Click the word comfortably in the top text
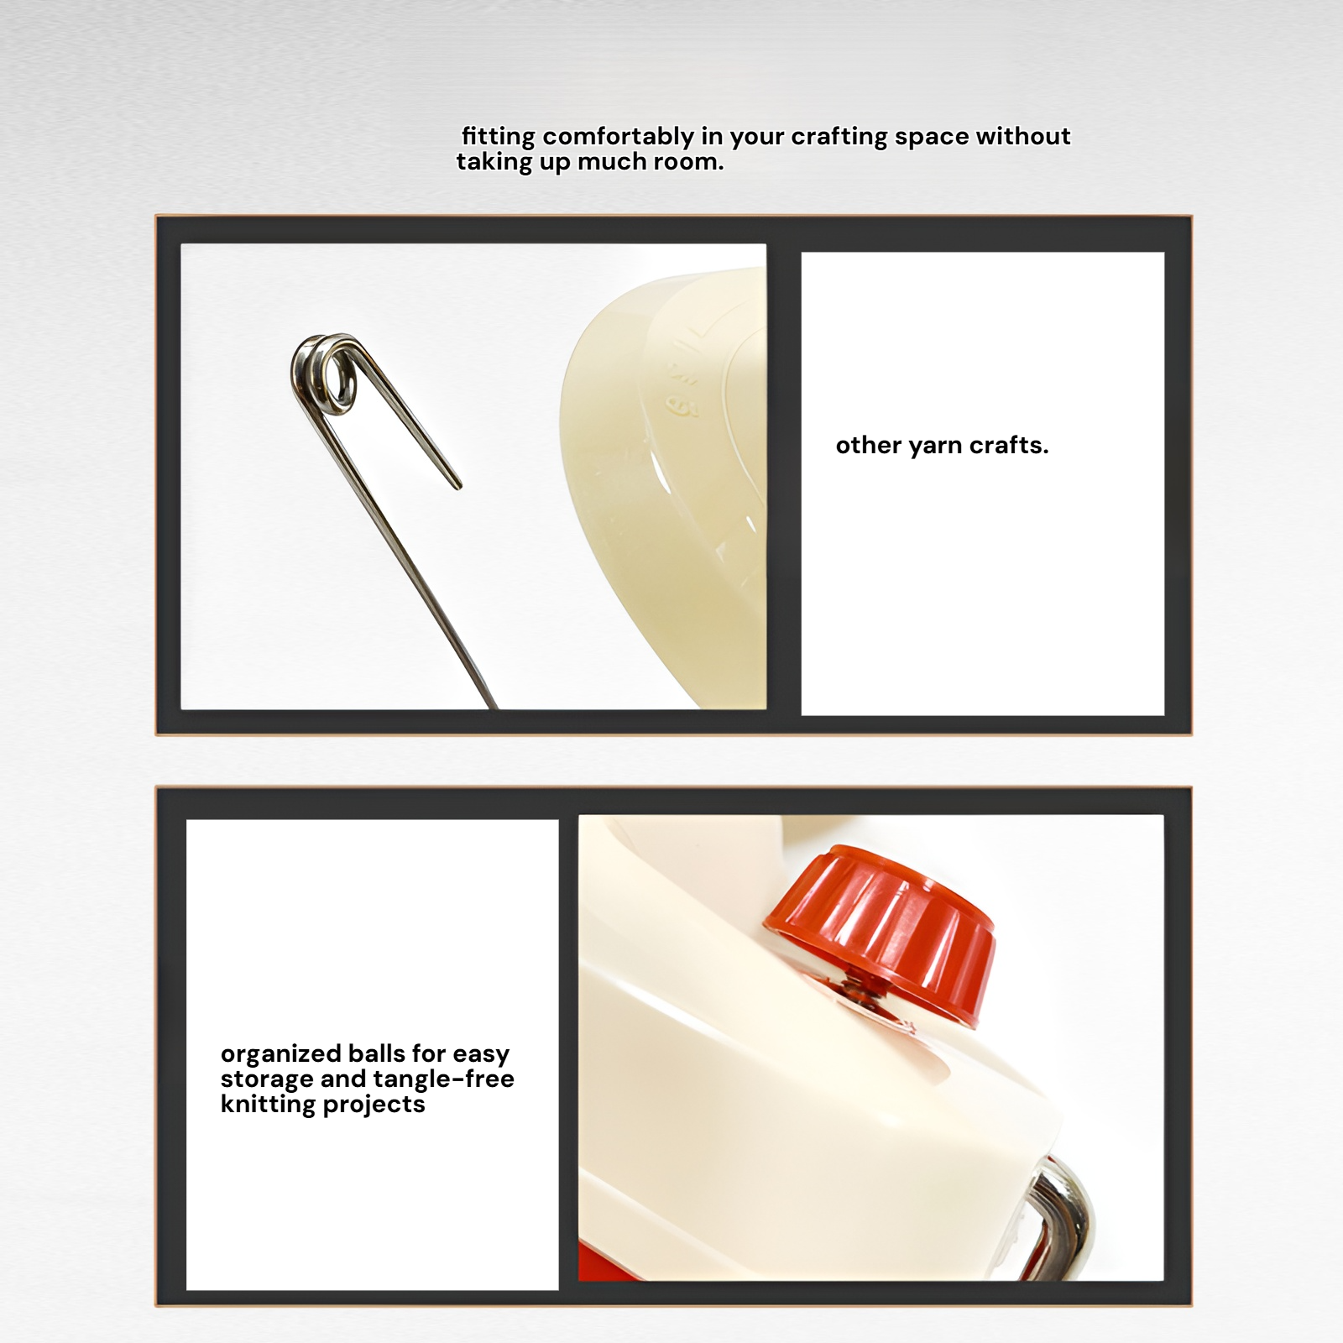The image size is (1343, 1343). [619, 137]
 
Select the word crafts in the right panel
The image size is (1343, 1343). [1008, 446]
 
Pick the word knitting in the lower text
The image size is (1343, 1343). [267, 1104]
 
